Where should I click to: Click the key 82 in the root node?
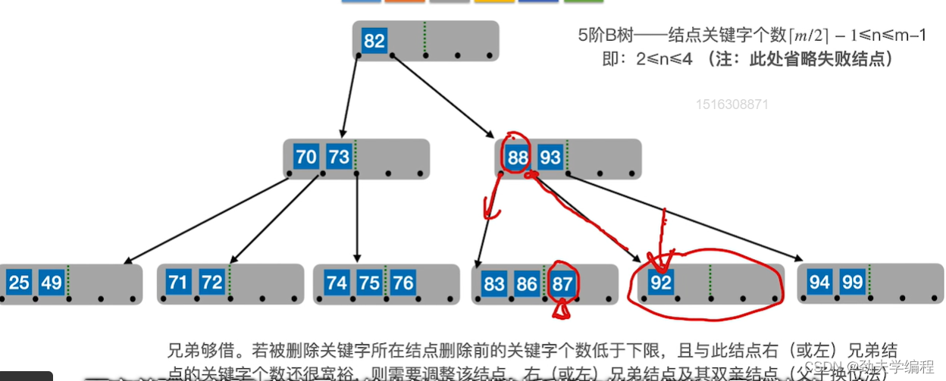(374, 40)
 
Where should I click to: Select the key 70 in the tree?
(306, 157)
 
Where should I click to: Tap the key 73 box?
(339, 157)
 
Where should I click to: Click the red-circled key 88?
(517, 158)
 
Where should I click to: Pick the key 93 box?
(550, 158)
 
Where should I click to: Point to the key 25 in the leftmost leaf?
(19, 283)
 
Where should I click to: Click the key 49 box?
(52, 283)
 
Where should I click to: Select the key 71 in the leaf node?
(178, 283)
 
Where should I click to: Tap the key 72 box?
(211, 283)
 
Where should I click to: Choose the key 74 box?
(337, 283)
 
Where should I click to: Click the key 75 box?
(370, 283)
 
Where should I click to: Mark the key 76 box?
(403, 283)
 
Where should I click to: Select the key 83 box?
(494, 283)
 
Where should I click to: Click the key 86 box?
(528, 283)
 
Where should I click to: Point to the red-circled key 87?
(562, 283)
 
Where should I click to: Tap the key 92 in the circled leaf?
(661, 283)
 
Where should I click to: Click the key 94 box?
(819, 283)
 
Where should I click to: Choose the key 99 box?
(853, 283)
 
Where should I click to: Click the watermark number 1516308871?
(731, 105)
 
